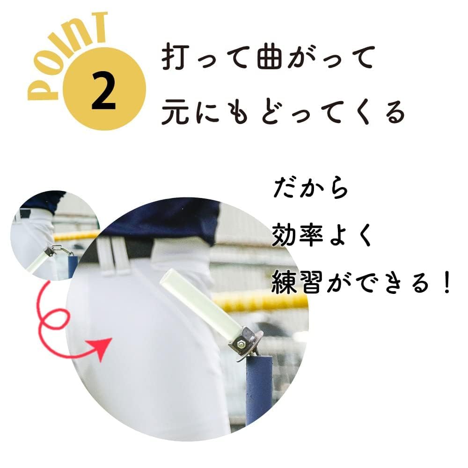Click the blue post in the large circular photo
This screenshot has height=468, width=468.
coord(258,388)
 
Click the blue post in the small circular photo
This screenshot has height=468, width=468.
coord(72,267)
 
